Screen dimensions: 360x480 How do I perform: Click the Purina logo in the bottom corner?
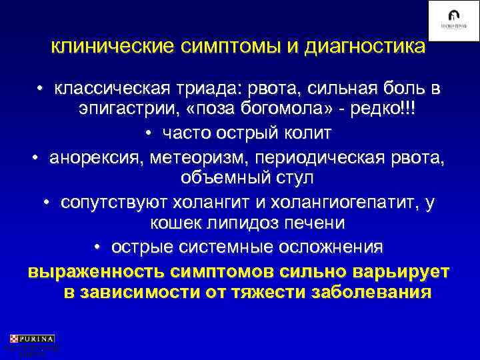[32, 339]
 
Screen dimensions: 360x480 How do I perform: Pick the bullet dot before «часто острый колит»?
[149, 133]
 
